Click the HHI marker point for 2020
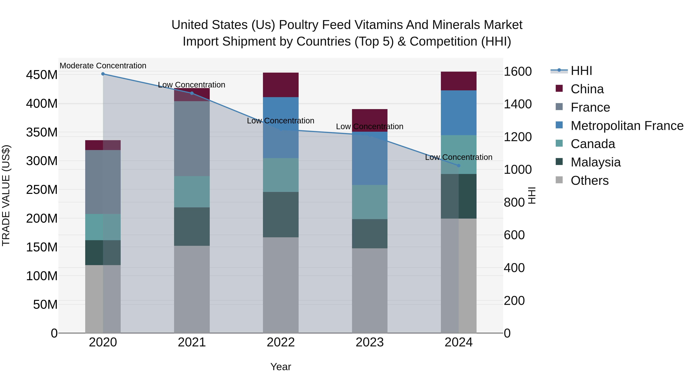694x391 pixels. [x=103, y=74]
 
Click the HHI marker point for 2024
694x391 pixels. [x=459, y=166]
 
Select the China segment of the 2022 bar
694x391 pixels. [x=281, y=85]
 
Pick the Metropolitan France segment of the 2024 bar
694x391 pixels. [x=459, y=113]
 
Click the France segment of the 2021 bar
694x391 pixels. [x=192, y=139]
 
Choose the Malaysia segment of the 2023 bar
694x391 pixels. [x=370, y=234]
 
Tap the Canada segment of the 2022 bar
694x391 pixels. [x=281, y=175]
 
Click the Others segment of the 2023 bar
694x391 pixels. [x=370, y=291]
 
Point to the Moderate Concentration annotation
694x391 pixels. [x=103, y=66]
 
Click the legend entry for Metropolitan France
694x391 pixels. [x=627, y=126]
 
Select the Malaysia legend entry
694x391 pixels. [x=595, y=162]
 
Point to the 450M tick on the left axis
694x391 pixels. [x=42, y=75]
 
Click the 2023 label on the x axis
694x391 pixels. [x=370, y=342]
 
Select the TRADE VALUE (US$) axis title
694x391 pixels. [x=6, y=195]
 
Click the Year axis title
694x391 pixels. [x=281, y=367]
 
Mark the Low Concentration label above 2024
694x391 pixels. [x=459, y=157]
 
